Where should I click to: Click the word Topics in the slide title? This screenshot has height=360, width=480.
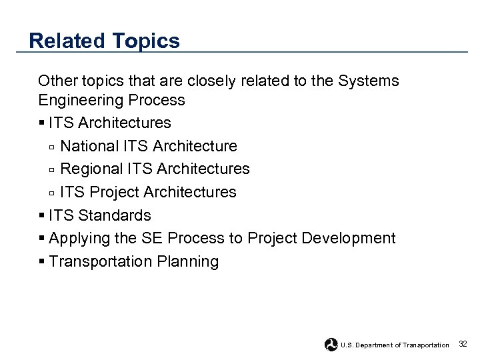(146, 41)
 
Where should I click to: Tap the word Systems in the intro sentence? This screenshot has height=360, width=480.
(369, 81)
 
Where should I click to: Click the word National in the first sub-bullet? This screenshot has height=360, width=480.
(87, 146)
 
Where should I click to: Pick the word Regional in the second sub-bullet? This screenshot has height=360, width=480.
(89, 169)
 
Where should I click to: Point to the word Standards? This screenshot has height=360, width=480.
(114, 215)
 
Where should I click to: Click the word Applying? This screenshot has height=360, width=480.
(76, 239)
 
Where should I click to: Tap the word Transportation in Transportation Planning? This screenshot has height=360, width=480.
(101, 261)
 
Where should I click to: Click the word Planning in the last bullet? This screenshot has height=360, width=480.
(188, 262)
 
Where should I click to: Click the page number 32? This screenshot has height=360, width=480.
(463, 344)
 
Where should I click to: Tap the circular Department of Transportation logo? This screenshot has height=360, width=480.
(331, 345)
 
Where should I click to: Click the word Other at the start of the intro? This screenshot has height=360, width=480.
(57, 81)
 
